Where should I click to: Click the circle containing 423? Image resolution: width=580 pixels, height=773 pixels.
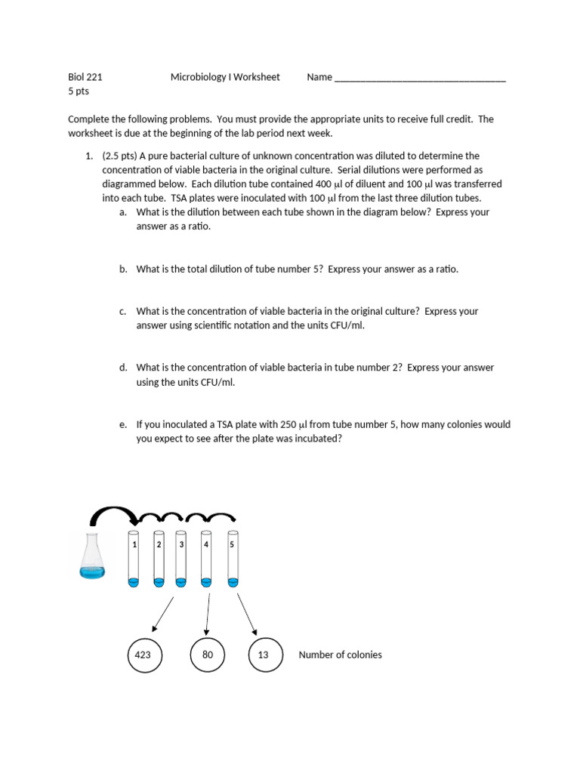(x=143, y=654)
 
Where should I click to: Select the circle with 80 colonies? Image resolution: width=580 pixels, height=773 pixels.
(x=208, y=654)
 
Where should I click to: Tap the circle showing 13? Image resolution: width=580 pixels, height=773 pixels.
(x=264, y=654)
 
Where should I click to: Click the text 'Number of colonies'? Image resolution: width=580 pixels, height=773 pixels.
(x=340, y=654)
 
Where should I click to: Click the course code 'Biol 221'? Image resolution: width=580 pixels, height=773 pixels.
(x=85, y=77)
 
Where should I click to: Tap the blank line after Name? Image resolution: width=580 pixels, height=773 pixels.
(x=419, y=77)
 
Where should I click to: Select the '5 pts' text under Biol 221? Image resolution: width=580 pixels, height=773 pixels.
(x=79, y=91)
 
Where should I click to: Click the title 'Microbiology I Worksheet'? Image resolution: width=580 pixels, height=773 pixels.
(x=225, y=77)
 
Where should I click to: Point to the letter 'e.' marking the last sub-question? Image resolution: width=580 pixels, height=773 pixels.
(x=123, y=425)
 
